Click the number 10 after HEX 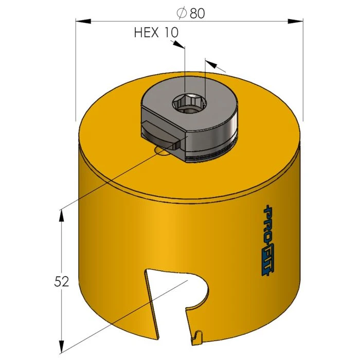(x=171, y=33)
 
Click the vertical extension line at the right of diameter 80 (x=302, y=67)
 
